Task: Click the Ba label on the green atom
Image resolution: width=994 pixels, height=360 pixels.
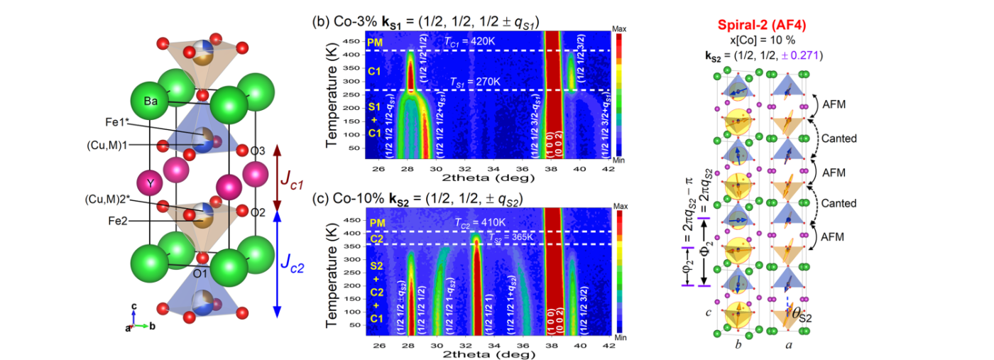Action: coord(151,102)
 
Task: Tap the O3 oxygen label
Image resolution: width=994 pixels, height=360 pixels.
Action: coord(258,151)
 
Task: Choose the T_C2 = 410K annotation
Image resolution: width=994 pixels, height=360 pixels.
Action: coord(480,222)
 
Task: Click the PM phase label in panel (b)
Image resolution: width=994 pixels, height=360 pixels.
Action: coord(375,43)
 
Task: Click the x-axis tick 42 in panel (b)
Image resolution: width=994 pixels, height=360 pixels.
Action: coord(608,169)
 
